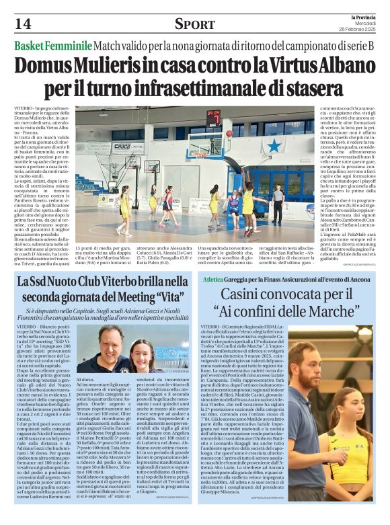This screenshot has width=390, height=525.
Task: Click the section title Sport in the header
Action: (x=194, y=24)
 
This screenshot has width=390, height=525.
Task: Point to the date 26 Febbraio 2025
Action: (x=356, y=30)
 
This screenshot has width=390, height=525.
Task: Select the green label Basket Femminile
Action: (x=52, y=46)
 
